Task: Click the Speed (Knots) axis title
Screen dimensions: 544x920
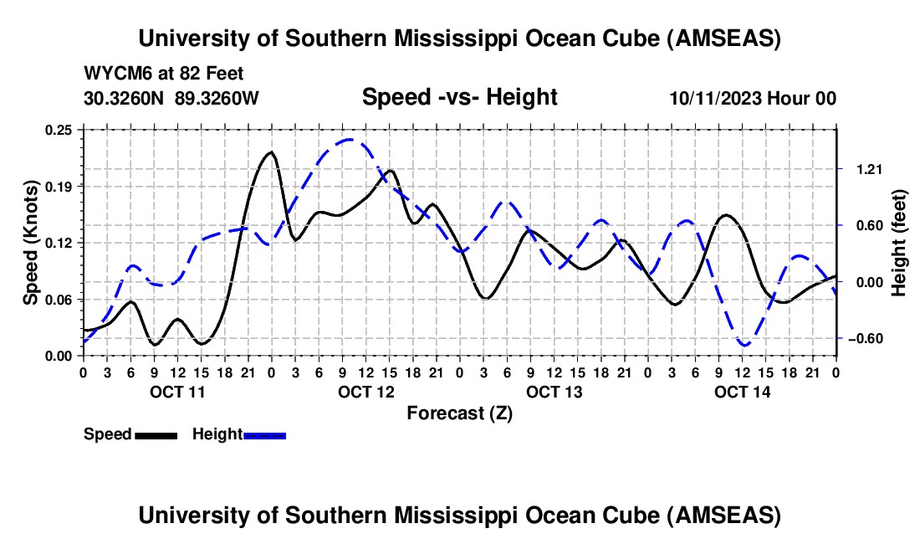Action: (x=31, y=243)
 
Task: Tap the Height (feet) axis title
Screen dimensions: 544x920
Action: (x=899, y=243)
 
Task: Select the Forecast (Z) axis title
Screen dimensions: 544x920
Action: (x=459, y=413)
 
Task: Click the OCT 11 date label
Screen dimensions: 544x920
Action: (x=177, y=392)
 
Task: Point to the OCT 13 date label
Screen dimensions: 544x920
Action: (x=554, y=392)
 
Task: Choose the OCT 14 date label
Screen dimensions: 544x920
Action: (x=742, y=392)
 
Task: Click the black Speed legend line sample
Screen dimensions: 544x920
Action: (x=156, y=435)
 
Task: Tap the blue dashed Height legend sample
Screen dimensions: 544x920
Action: (x=264, y=435)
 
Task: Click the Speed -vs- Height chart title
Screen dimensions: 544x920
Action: (x=459, y=97)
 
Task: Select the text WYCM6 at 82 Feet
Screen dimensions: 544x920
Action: (x=164, y=74)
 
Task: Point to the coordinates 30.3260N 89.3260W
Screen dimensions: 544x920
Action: (x=171, y=98)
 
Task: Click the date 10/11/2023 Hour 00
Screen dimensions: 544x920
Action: (x=753, y=98)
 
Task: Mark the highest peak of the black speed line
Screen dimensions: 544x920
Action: (x=270, y=152)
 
